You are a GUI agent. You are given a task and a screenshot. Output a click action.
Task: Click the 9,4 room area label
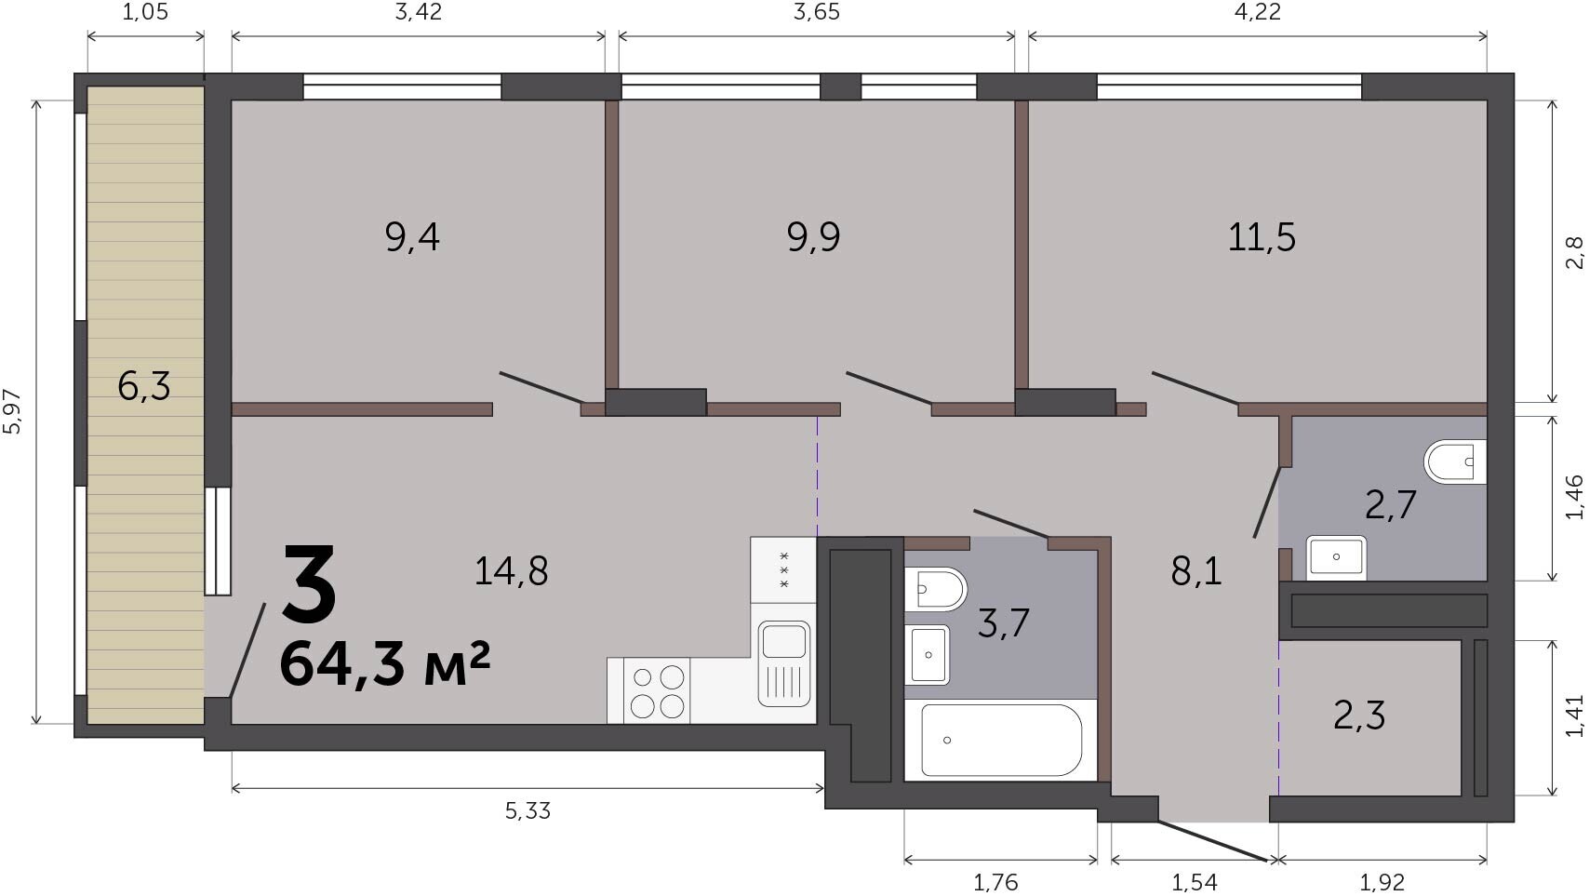pos(412,237)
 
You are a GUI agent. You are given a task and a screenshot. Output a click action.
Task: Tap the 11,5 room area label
pos(1262,237)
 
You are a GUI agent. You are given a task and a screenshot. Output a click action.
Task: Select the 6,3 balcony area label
pos(144,387)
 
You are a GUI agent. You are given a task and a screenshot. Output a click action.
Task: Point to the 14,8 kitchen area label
pos(512,571)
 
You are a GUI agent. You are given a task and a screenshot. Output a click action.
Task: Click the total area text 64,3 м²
pos(385,665)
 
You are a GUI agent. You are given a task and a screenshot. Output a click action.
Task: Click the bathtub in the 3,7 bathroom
pos(1002,741)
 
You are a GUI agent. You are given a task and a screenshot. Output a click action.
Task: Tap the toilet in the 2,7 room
pos(1455,461)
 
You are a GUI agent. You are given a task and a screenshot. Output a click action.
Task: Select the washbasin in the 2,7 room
pos(1337,558)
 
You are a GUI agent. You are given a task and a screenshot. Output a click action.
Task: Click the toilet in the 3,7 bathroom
pos(936,589)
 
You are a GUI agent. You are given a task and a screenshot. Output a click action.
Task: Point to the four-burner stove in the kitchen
pos(657,691)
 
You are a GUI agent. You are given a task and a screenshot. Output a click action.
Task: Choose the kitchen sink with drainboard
pos(784,664)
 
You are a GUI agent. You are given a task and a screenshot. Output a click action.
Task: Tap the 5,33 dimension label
pos(527,811)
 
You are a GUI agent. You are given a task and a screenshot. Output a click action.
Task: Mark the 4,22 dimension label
pos(1258,12)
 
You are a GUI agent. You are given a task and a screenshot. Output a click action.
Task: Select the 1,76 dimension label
pos(996,883)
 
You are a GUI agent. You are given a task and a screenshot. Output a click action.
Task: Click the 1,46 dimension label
pos(1574,497)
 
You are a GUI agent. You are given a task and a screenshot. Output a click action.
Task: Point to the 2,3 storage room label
pos(1359,715)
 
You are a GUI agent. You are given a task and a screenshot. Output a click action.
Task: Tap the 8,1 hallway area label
pos(1196,571)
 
